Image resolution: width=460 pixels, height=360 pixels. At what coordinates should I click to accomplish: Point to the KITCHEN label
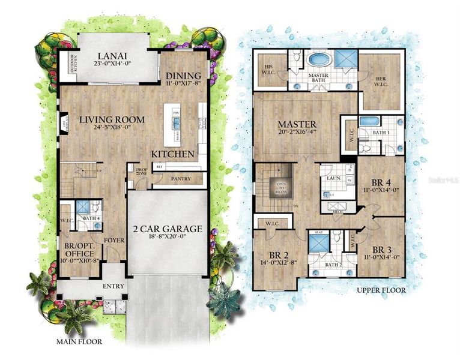[173, 154]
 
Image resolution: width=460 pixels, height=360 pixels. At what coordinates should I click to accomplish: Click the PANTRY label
[181, 179]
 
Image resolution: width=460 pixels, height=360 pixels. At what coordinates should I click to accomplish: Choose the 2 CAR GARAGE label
[168, 229]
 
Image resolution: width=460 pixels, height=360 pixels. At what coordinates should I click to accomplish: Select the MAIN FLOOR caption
[79, 342]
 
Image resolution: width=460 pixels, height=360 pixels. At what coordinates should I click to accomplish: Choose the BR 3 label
[382, 250]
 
